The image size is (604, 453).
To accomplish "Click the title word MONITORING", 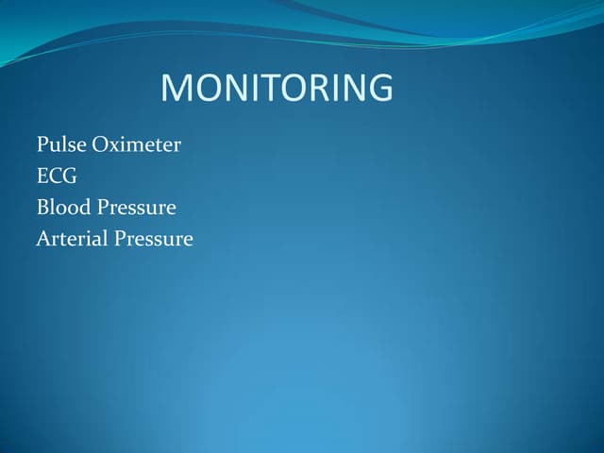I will click(277, 89).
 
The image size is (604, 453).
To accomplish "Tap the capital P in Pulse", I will click(42, 145).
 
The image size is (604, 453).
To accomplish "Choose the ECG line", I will click(57, 176).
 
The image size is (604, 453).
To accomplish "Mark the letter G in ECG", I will click(70, 176).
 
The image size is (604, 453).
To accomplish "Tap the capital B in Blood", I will click(42, 208).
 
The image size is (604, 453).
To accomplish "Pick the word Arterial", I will click(72, 239).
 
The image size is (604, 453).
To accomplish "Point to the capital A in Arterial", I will click(42, 239).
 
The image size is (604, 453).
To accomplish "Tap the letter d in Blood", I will click(83, 208).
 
